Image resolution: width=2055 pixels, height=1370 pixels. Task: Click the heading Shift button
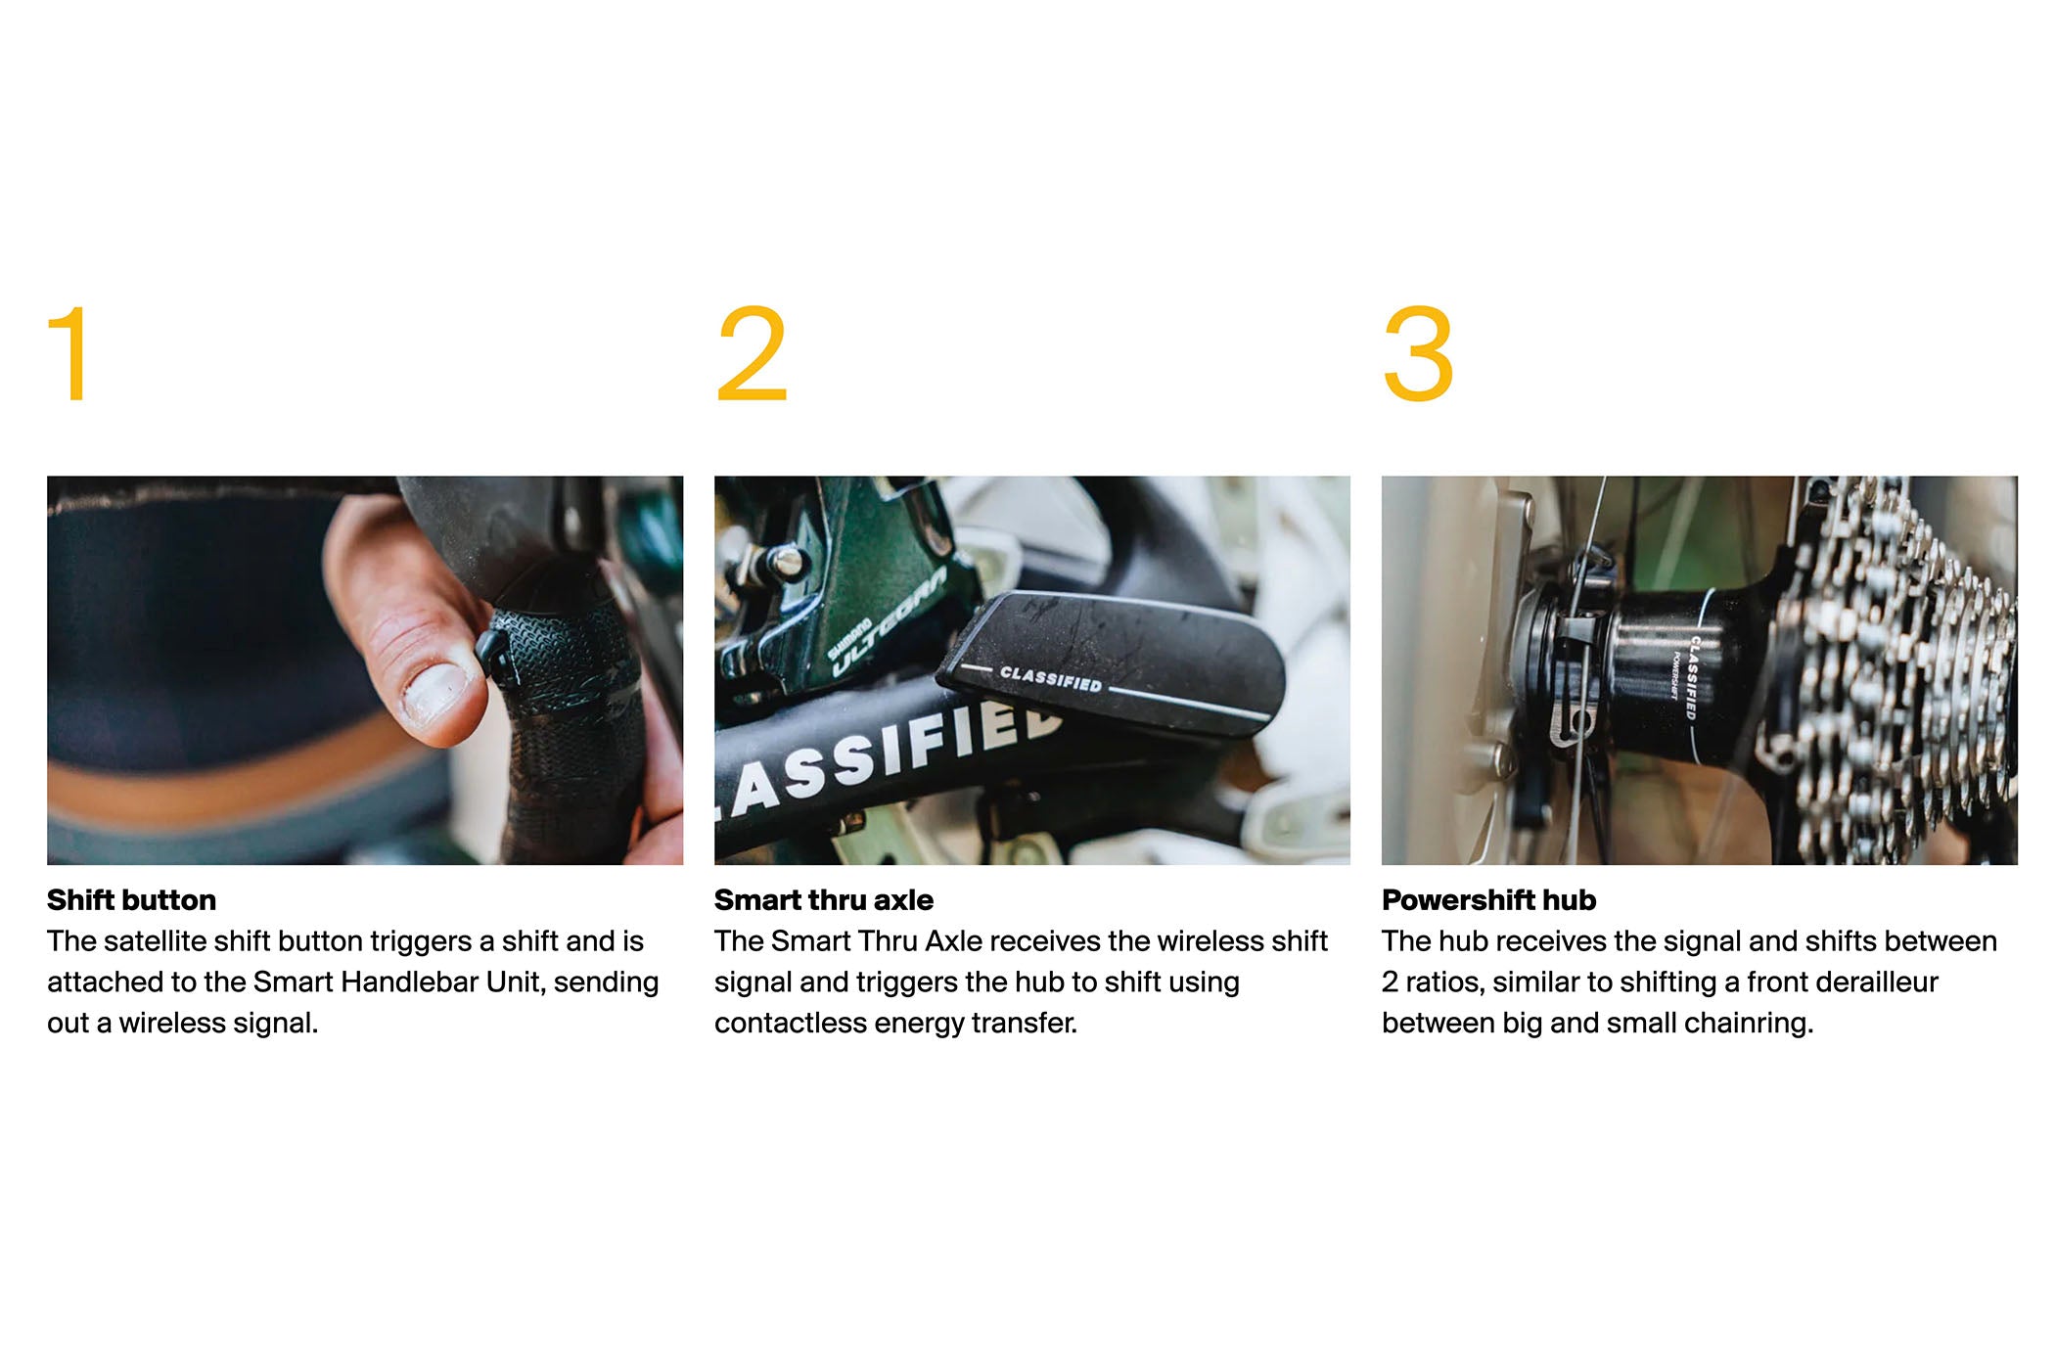(131, 899)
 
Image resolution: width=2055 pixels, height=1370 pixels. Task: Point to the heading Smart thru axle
(823, 899)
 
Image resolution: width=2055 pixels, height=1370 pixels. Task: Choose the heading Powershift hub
(1488, 899)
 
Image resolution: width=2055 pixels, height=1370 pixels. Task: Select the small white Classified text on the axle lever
(1050, 678)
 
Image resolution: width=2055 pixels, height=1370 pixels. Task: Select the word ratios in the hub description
(1439, 982)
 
